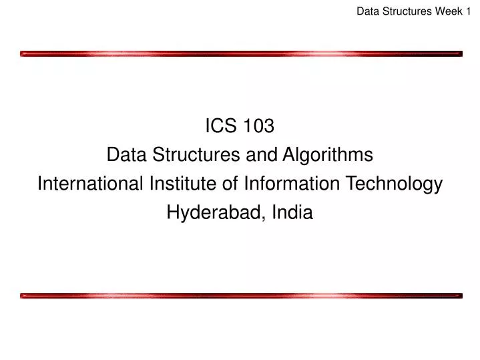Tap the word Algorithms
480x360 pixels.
(x=327, y=155)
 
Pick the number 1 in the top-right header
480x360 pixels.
(x=468, y=11)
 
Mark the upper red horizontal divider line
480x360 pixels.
(x=240, y=53)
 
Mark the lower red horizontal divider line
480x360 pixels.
(x=240, y=295)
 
